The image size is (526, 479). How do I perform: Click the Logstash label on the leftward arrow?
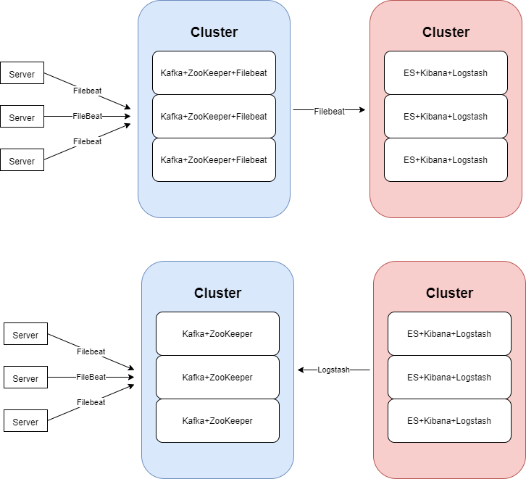coord(333,370)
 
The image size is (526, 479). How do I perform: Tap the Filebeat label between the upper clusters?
coord(330,111)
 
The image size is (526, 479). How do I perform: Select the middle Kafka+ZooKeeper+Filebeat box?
coord(214,116)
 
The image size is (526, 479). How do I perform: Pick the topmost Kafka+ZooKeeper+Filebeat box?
coord(214,72)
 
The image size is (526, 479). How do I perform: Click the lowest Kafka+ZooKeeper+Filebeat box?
coord(214,159)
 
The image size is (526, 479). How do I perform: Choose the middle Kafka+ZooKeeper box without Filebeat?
coord(217,377)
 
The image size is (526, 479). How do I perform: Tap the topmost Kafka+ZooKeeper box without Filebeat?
coord(217,333)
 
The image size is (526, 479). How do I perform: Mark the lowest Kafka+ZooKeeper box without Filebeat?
coord(217,420)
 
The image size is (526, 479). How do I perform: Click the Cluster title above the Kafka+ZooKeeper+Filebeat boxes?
coord(214,32)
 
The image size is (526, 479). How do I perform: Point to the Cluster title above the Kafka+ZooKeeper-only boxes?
coord(217,293)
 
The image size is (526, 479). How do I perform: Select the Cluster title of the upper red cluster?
coord(446,32)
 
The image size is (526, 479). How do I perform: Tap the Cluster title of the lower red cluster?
coord(449,293)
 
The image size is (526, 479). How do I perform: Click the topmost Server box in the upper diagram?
coord(22,74)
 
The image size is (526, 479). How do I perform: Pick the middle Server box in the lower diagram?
coord(25,378)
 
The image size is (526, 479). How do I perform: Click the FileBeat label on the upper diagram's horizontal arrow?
coord(88,116)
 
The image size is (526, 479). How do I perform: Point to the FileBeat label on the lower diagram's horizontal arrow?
coord(91,377)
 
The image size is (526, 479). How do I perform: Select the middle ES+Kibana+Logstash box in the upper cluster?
coord(446,116)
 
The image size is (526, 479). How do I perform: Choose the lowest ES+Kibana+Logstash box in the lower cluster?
coord(449,420)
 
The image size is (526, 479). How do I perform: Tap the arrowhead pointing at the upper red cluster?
coord(362,110)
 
